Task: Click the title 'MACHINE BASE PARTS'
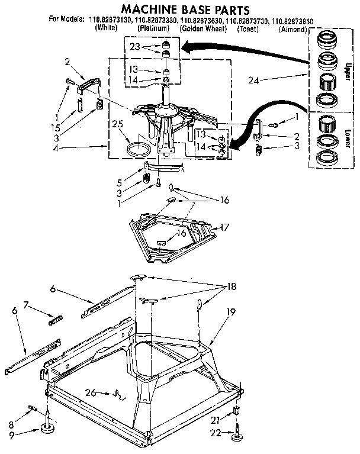pyautogui.click(x=182, y=9)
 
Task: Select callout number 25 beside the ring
pyautogui.click(x=117, y=125)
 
